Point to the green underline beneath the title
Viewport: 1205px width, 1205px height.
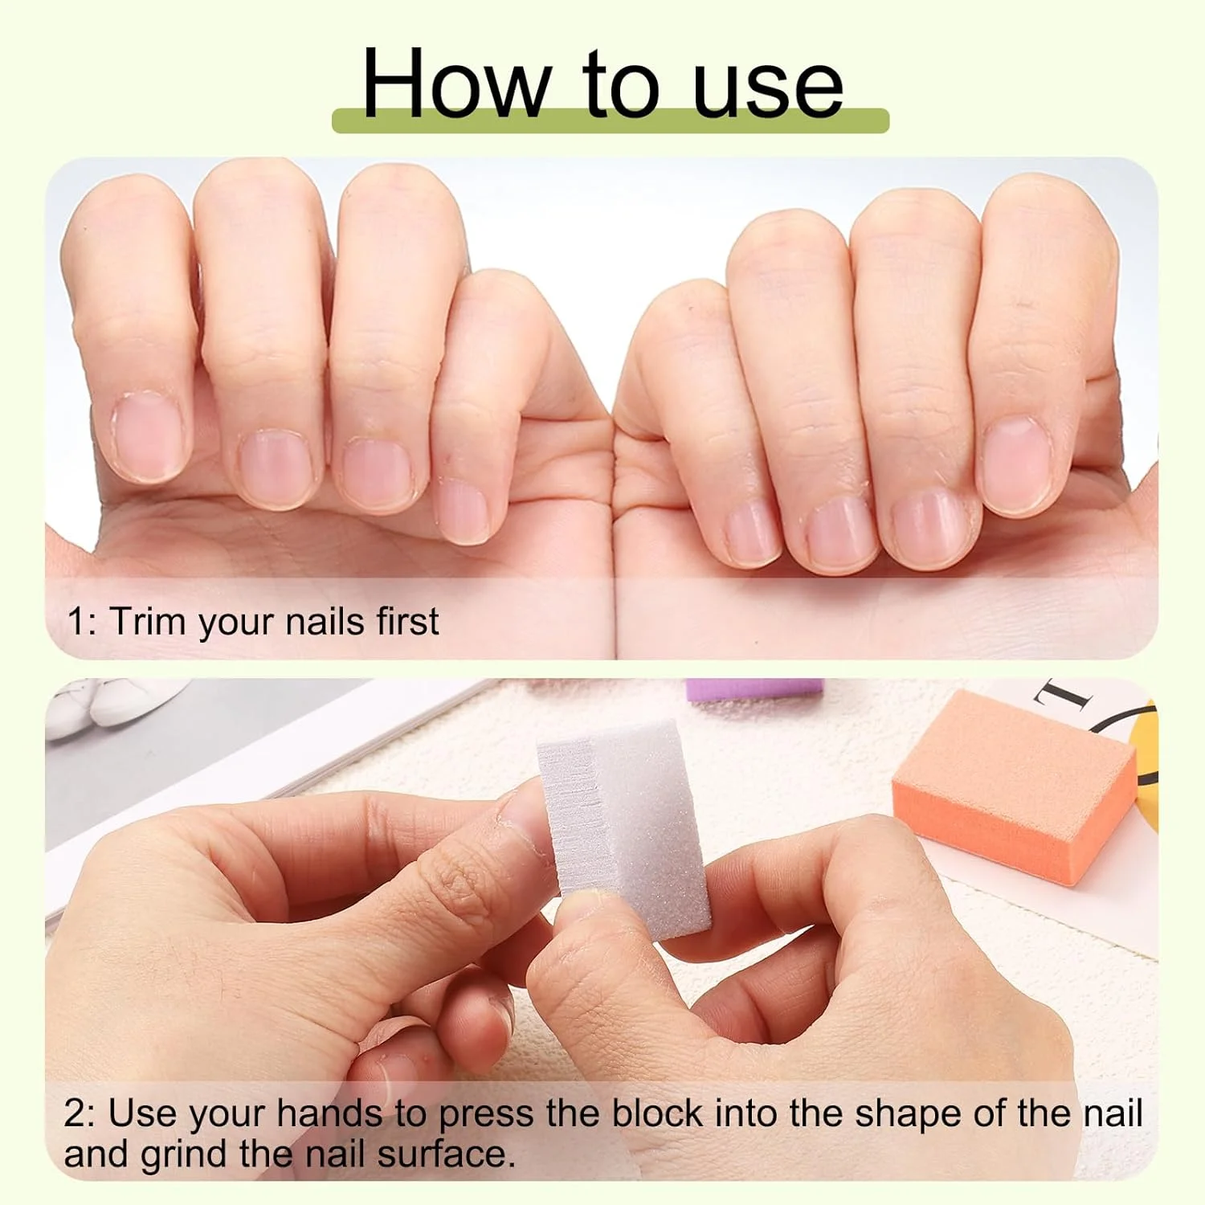pyautogui.click(x=611, y=120)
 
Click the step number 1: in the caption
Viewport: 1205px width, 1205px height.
pyautogui.click(x=82, y=622)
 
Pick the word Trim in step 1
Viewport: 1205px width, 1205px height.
pyautogui.click(x=149, y=621)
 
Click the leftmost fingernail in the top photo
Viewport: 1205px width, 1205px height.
pyautogui.click(x=150, y=437)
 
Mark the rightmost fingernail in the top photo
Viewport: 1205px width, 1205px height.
pyautogui.click(x=1017, y=465)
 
